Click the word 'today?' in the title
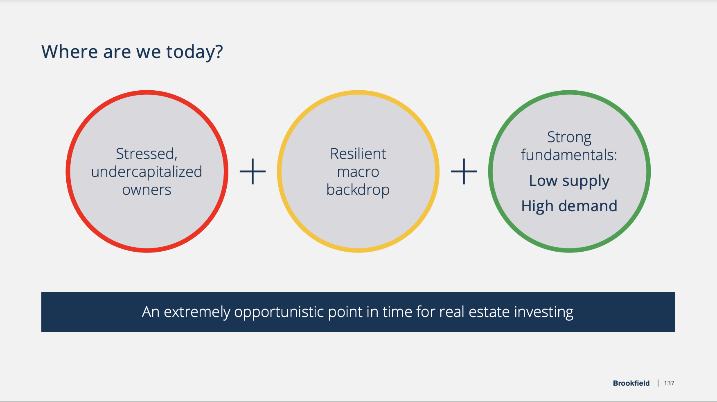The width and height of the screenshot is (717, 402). pyautogui.click(x=194, y=52)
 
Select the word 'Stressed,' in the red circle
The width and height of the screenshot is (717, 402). pyautogui.click(x=147, y=154)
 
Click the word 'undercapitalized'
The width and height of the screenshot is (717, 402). pyautogui.click(x=147, y=172)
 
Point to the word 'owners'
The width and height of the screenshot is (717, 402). pyautogui.click(x=147, y=190)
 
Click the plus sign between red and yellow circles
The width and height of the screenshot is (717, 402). pyautogui.click(x=253, y=172)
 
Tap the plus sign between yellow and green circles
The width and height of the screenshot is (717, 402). pyautogui.click(x=464, y=172)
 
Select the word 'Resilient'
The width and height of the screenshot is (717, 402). pyautogui.click(x=358, y=154)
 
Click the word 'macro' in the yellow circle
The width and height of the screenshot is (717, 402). pyautogui.click(x=358, y=172)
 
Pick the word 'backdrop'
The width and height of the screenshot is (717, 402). pyautogui.click(x=358, y=190)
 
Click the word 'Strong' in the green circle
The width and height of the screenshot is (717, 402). pyautogui.click(x=569, y=138)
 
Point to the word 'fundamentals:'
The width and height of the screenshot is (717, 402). pyautogui.click(x=569, y=155)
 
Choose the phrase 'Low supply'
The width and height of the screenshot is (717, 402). pyautogui.click(x=569, y=181)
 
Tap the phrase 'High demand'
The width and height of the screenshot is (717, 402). pyautogui.click(x=569, y=206)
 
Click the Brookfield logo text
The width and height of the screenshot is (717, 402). pyautogui.click(x=631, y=383)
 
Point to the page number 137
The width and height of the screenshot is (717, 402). pyautogui.click(x=669, y=383)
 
